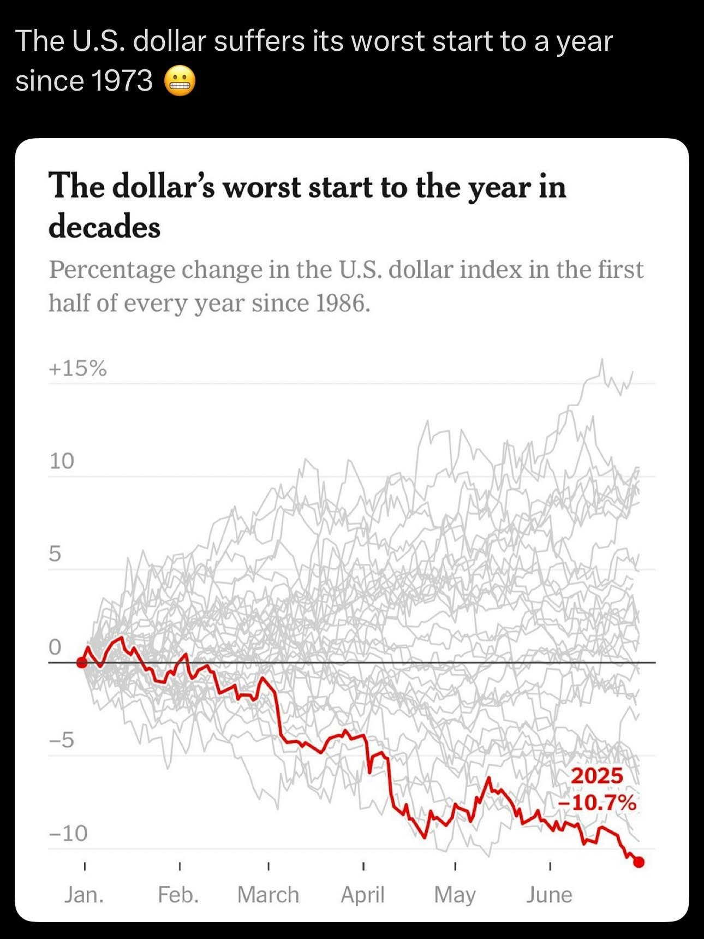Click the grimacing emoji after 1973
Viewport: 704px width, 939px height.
pyautogui.click(x=180, y=81)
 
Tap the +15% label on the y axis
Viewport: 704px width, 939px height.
pyautogui.click(x=77, y=369)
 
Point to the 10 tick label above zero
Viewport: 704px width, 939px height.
pyautogui.click(x=61, y=461)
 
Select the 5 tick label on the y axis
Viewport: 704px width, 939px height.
pyautogui.click(x=55, y=554)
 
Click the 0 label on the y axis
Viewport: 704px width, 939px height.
pyautogui.click(x=55, y=647)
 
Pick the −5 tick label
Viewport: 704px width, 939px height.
pyautogui.click(x=61, y=740)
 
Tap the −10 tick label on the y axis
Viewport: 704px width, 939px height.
pyautogui.click(x=68, y=833)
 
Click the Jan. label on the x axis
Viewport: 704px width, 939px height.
pyautogui.click(x=84, y=895)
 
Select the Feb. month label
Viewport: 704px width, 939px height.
pyautogui.click(x=178, y=895)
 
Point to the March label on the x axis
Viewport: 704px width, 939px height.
pyautogui.click(x=268, y=895)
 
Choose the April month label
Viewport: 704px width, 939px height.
pyautogui.click(x=362, y=895)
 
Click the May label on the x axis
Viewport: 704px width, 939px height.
pyautogui.click(x=455, y=895)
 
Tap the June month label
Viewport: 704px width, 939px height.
pyautogui.click(x=549, y=895)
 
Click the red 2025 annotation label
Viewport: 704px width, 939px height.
pyautogui.click(x=596, y=776)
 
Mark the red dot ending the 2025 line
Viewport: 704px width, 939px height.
pyautogui.click(x=639, y=862)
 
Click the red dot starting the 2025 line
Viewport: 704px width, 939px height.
pyautogui.click(x=82, y=663)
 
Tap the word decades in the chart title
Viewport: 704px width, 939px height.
pyautogui.click(x=104, y=227)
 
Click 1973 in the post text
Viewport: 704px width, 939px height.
pyautogui.click(x=122, y=81)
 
